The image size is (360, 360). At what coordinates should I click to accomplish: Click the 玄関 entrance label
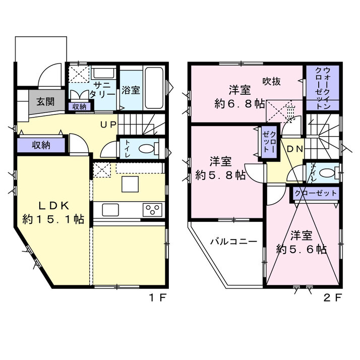[x=45, y=101]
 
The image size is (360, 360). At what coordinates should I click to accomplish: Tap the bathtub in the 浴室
[x=154, y=88]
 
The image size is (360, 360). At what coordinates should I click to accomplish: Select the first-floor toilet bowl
[x=147, y=148]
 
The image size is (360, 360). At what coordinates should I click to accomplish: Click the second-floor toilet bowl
[x=327, y=173]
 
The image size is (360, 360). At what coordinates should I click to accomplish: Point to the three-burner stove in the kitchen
[x=152, y=210]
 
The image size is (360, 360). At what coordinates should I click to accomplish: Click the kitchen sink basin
[x=110, y=210]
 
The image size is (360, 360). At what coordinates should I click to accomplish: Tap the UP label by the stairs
[x=108, y=125]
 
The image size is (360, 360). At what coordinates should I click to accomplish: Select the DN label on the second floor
[x=295, y=149]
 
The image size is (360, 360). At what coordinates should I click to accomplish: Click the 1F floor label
[x=158, y=298]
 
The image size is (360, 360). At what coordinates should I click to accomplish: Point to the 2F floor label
[x=333, y=298]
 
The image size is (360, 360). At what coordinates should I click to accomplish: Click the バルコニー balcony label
[x=234, y=242]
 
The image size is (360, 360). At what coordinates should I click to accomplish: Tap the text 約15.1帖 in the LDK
[x=53, y=219]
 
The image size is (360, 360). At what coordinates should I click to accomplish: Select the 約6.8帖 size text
[x=239, y=104]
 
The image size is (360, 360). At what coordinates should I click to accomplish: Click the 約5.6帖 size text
[x=302, y=249]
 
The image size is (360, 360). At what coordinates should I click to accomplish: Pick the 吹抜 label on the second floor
[x=272, y=81]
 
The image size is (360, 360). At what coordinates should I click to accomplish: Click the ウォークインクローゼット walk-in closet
[x=323, y=88]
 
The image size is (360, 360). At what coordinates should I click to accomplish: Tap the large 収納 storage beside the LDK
[x=41, y=145]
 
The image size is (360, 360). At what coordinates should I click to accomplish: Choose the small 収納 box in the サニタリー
[x=80, y=107]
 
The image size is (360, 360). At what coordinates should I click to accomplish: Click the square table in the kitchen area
[x=130, y=184]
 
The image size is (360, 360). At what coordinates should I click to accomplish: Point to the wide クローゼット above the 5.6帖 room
[x=316, y=193]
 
